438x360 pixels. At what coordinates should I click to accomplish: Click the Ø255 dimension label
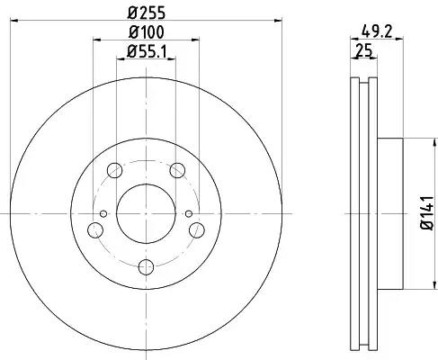click(x=147, y=13)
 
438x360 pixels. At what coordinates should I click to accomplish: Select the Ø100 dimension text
click(x=147, y=32)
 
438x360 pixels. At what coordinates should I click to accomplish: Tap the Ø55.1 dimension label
click(x=147, y=51)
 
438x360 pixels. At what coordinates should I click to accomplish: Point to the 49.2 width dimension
click(x=377, y=31)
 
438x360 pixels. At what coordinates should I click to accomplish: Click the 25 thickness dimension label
click(x=363, y=49)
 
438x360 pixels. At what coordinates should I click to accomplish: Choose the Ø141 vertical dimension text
click(x=427, y=213)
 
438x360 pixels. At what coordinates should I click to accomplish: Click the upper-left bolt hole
click(x=114, y=170)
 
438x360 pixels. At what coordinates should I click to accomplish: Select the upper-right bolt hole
click(x=177, y=170)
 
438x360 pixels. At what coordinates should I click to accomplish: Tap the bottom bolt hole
click(x=146, y=267)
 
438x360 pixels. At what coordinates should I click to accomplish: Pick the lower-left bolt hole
click(x=95, y=230)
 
